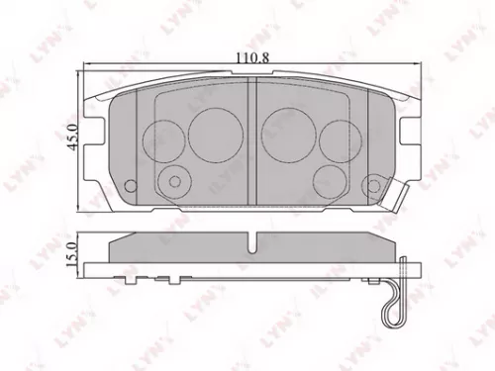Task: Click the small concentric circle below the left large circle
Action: (177, 181)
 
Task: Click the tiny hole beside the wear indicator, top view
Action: (374, 184)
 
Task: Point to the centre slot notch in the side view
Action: (255, 241)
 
